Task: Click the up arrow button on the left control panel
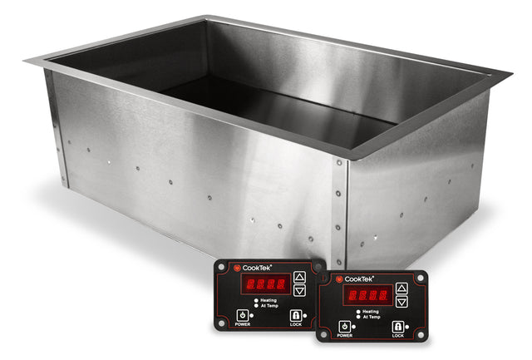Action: click(299, 277)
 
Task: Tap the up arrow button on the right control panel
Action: click(401, 288)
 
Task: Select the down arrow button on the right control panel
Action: click(401, 301)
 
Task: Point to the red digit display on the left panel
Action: click(261, 284)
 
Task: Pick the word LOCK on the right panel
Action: click(397, 337)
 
